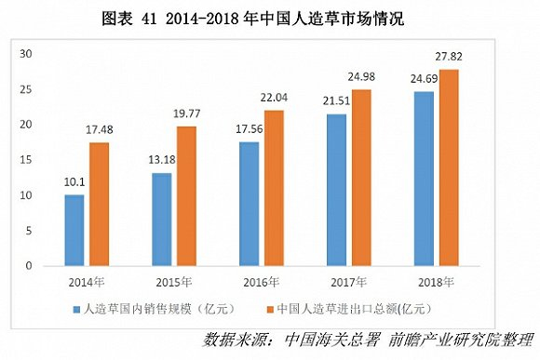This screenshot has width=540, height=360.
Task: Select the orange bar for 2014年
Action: point(100,204)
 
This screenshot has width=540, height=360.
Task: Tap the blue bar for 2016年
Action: point(250,204)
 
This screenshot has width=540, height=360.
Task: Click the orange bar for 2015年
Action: point(186,195)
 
